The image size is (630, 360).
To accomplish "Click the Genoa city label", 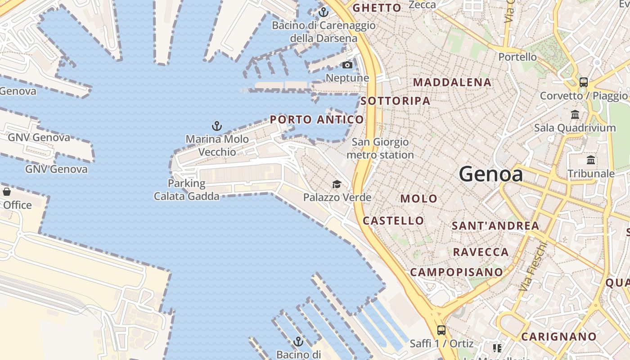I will tap(491, 174).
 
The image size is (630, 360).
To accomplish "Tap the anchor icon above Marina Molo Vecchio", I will tap(217, 126).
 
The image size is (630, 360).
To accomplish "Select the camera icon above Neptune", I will tap(347, 65).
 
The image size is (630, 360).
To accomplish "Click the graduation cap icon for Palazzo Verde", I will tap(337, 184).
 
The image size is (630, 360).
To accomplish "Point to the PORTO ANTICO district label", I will tap(317, 120).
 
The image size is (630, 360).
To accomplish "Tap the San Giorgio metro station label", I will tap(380, 148).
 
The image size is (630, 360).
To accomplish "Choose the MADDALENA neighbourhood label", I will tap(452, 82).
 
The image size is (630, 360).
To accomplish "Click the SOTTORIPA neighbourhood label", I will tap(396, 101).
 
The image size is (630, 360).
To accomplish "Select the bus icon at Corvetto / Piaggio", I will tap(584, 82).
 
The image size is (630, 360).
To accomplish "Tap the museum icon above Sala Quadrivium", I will tap(575, 115).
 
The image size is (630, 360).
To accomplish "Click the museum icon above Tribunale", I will tap(591, 160).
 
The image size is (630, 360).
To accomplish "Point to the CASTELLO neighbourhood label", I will tap(393, 220).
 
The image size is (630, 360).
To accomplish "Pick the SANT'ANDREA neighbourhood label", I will tap(495, 226).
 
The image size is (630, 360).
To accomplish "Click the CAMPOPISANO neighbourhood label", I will tap(456, 272).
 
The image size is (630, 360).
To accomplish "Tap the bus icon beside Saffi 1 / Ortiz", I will tap(441, 330).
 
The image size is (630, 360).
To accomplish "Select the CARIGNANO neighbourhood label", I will tap(559, 337).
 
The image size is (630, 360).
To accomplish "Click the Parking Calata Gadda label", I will tap(187, 190).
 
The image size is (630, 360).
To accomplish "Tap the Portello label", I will tap(517, 57).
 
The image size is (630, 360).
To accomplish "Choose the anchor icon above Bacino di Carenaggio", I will tap(323, 12).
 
